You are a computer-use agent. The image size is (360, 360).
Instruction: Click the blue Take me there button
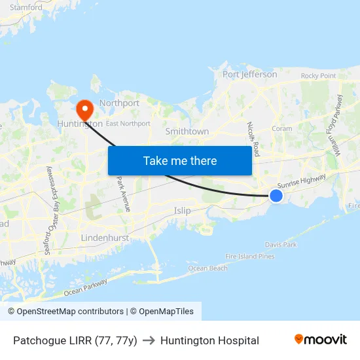pyautogui.click(x=179, y=160)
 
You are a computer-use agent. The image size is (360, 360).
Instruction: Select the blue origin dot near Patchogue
pyautogui.click(x=276, y=196)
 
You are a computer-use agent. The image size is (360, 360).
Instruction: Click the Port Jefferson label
pyautogui.click(x=249, y=75)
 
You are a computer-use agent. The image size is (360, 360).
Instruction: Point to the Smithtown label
pyautogui.click(x=187, y=132)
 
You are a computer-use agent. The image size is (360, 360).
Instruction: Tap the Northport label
pyautogui.click(x=119, y=103)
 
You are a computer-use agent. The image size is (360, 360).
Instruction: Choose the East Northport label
pyautogui.click(x=128, y=123)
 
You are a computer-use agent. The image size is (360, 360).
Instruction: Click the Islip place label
pyautogui.click(x=183, y=211)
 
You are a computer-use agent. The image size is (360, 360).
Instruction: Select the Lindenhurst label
pyautogui.click(x=105, y=238)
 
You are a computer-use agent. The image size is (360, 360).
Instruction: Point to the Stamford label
pyautogui.click(x=26, y=8)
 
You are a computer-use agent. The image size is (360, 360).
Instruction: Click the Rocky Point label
pyautogui.click(x=318, y=76)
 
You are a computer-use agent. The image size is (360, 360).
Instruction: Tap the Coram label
pyautogui.click(x=281, y=129)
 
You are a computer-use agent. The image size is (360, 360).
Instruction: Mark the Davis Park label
pyautogui.click(x=281, y=245)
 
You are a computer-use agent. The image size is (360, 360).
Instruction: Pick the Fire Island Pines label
pyautogui.click(x=249, y=257)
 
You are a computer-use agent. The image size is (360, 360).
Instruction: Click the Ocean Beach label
pyautogui.click(x=207, y=268)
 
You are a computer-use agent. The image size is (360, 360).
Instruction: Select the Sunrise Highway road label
pyautogui.click(x=301, y=183)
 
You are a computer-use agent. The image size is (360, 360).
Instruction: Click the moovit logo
pyautogui.click(x=321, y=340)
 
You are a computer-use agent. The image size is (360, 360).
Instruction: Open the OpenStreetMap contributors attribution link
pyautogui.click(x=65, y=312)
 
